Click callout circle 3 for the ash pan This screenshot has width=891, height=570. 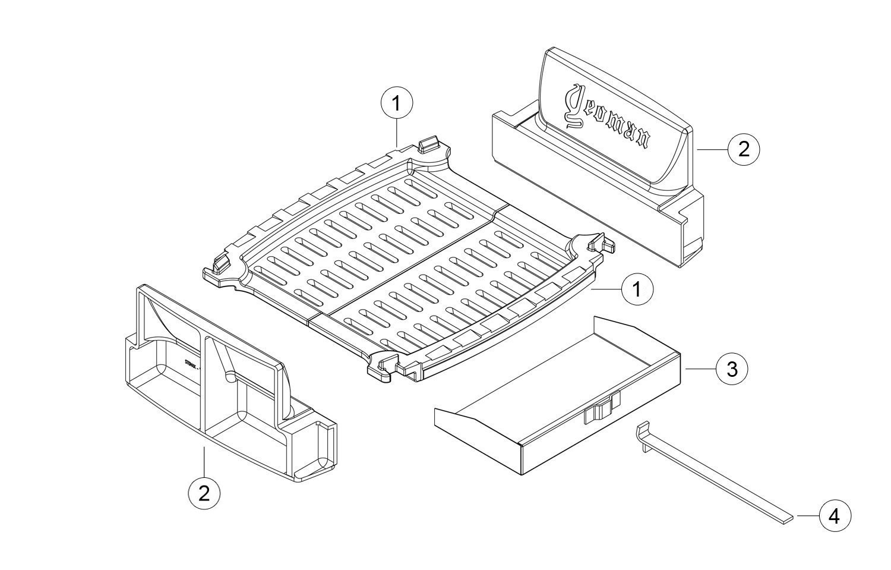coord(732,369)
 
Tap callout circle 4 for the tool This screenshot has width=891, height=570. coord(835,516)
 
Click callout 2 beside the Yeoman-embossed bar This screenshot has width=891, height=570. coord(744,149)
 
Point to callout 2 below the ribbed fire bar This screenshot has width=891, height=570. coord(204,493)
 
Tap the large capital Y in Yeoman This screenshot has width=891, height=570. coord(574,107)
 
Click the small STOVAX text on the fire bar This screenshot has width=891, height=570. coord(190,364)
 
